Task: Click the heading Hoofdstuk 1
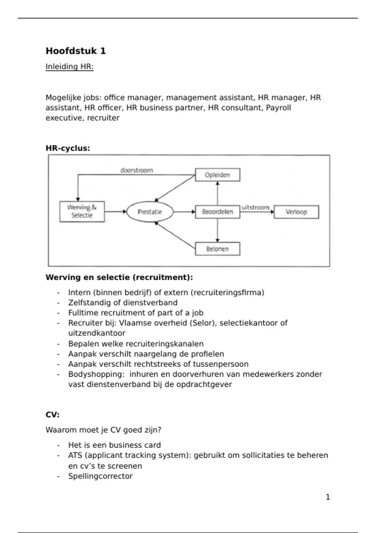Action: pos(76,51)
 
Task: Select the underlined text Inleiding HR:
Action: pos(70,67)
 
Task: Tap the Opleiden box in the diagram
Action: pos(217,175)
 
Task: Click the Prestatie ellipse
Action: pos(150,212)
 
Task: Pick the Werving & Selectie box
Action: pos(82,212)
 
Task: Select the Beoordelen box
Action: pos(217,212)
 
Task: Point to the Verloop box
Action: pos(296,212)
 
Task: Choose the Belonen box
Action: pos(217,249)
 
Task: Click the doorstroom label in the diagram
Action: pos(137,170)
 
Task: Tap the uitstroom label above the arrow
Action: pos(255,207)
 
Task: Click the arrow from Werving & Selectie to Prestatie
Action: pos(115,212)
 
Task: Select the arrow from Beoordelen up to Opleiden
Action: pos(217,193)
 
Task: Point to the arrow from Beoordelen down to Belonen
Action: pos(217,230)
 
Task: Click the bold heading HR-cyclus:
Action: pos(68,148)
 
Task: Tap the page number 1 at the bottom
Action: pos(328,497)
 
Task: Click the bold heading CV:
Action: pos(52,415)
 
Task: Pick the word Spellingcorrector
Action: pos(100,476)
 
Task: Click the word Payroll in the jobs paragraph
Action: pos(278,108)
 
